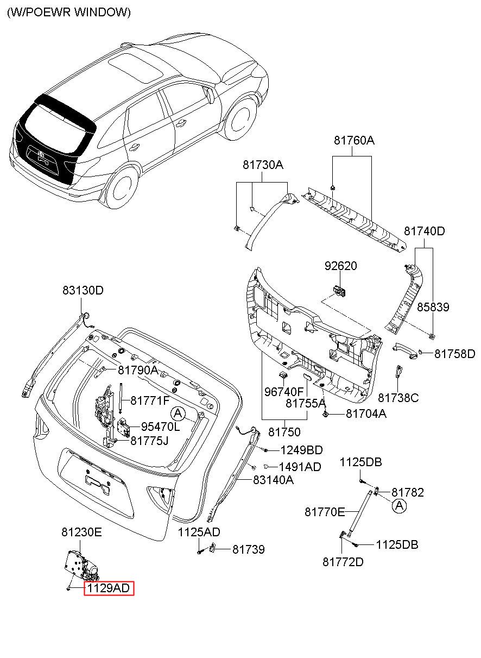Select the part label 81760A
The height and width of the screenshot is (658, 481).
coord(354,140)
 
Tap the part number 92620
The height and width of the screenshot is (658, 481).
coord(340,266)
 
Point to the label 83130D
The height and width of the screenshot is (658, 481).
coord(83,290)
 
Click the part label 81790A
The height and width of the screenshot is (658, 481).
coord(138,370)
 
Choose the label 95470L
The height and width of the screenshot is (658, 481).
coord(160,427)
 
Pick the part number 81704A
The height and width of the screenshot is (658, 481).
coord(366,413)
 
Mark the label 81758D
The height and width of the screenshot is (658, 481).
coord(454,354)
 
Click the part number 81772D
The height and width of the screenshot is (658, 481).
coord(343,562)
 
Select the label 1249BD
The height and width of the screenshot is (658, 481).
coord(302,450)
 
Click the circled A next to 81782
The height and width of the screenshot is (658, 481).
coord(400,506)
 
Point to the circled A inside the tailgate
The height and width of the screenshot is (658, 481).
coord(178,414)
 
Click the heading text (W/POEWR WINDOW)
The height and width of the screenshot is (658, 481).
coord(69,12)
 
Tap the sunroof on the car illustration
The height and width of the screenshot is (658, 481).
coord(136,68)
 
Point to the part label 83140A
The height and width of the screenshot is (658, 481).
coord(273,480)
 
